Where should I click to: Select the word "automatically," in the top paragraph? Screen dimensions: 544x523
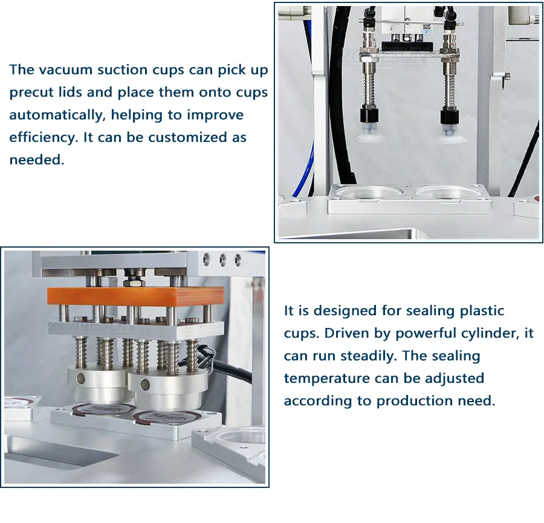tap(57, 115)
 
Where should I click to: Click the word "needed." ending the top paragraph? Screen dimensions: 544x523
tap(37, 160)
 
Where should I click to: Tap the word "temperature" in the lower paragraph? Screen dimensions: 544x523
tap(327, 379)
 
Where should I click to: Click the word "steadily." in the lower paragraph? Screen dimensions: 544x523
tap(369, 356)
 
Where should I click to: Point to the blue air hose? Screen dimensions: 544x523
tap(304, 165)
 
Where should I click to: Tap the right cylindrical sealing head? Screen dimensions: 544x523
tap(168, 389)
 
